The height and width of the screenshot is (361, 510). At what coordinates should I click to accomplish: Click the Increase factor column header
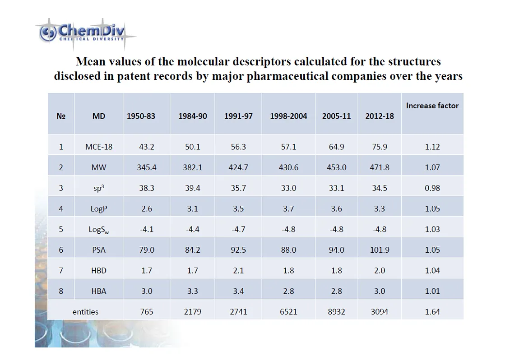point(432,106)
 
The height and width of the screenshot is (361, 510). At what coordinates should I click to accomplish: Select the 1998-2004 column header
point(288,116)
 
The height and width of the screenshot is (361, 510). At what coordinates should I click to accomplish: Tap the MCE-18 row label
point(99,147)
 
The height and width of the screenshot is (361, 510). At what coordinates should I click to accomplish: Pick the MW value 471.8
point(379,167)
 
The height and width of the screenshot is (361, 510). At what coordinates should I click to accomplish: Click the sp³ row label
point(99,188)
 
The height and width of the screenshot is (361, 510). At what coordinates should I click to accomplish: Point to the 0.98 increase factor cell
point(432,188)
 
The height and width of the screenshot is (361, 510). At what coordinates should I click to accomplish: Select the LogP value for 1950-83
point(147,208)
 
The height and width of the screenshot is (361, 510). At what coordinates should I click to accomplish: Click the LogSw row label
point(99,230)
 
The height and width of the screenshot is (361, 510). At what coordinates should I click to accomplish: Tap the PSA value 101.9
point(379,250)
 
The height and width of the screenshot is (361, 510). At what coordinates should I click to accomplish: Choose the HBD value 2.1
point(238,271)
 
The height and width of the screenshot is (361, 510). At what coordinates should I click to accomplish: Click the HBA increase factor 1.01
point(432,291)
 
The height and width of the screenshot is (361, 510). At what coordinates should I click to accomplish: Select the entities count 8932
point(336,312)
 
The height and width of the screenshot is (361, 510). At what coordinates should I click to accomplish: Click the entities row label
point(85,312)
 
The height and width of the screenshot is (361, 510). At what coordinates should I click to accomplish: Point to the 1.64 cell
point(432,312)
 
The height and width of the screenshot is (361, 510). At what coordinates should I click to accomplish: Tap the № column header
point(61,116)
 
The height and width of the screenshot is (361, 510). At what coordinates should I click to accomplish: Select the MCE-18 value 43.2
point(147,147)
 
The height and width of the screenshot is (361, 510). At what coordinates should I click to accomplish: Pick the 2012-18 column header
point(379,116)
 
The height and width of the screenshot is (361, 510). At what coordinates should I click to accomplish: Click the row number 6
point(61,250)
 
